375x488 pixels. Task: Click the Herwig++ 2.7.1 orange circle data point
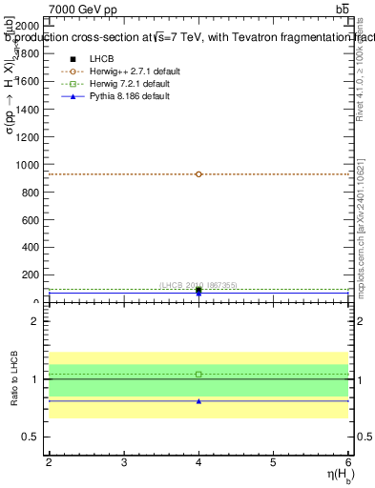[x=198, y=174]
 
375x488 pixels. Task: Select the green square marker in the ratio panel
[x=198, y=374]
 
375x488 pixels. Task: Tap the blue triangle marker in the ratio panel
[x=198, y=401]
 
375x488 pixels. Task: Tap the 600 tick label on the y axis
[x=31, y=220]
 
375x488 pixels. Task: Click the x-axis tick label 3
[x=124, y=462]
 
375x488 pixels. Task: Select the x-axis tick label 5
[x=273, y=462]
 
